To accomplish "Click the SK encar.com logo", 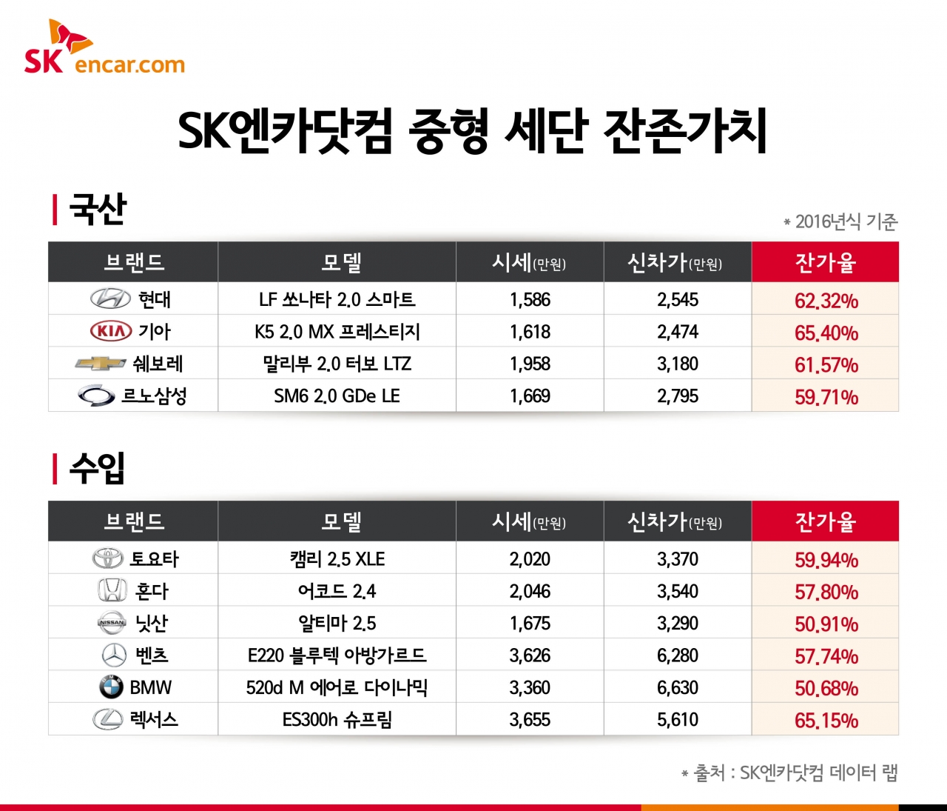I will point(104,48).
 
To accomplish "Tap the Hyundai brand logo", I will point(110,299).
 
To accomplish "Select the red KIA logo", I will point(110,331).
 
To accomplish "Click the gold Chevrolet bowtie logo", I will point(101,364).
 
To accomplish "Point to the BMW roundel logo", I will point(111,687).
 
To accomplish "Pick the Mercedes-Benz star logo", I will point(114,655).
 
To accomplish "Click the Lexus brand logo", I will point(108,719).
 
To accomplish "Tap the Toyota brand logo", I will point(108,558).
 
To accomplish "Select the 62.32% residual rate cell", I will point(826,301).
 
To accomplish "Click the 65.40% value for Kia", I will point(826,333).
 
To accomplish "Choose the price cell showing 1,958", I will point(530,364).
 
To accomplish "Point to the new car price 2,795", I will point(678,396).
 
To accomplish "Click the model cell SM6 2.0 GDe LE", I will point(337,396).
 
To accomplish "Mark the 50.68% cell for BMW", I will point(826,688).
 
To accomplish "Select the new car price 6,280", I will point(678,655).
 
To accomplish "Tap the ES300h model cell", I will point(337,720).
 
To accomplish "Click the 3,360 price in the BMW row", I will point(530,688).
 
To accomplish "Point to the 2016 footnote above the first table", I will point(841,221).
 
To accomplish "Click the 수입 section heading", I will point(97,468).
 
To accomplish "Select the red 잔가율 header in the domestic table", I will point(825,262).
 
